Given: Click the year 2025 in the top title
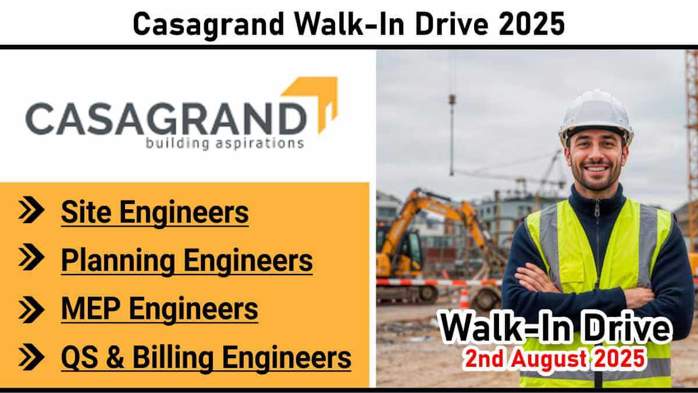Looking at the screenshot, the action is pyautogui.click(x=531, y=24).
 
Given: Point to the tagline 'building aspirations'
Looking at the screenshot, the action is pyautogui.click(x=225, y=144).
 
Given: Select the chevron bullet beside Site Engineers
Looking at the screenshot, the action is pyautogui.click(x=31, y=209).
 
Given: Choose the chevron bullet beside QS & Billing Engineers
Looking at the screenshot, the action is pyautogui.click(x=31, y=357).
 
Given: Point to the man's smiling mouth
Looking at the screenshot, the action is pyautogui.click(x=596, y=169).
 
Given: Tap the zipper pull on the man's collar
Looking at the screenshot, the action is pyautogui.click(x=597, y=208).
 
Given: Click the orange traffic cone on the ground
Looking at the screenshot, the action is pyautogui.click(x=464, y=298).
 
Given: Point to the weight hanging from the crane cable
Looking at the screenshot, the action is pyautogui.click(x=452, y=100).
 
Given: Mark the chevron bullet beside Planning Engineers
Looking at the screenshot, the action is pyautogui.click(x=31, y=257).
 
